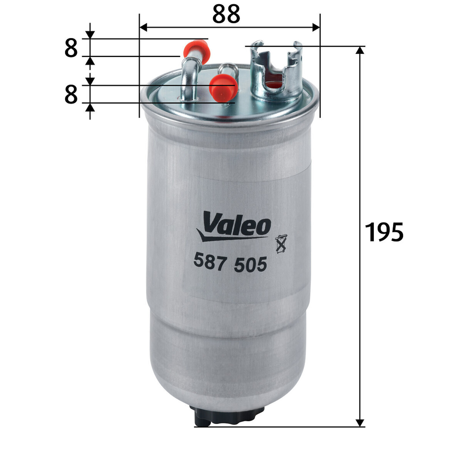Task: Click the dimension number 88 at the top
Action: click(226, 14)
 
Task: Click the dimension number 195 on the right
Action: click(384, 232)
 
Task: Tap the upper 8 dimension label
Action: click(71, 48)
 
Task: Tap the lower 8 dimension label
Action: click(71, 94)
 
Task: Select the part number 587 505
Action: click(230, 263)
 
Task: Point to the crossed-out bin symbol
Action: click(281, 244)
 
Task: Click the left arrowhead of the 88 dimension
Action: click(143, 28)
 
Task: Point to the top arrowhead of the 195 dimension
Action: click(360, 50)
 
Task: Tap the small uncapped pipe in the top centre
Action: click(228, 69)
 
